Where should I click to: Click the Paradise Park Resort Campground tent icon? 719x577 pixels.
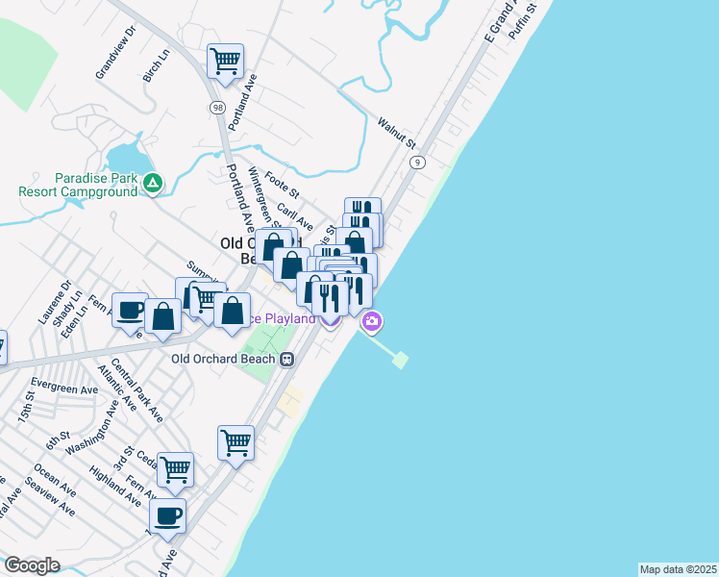pyautogui.click(x=152, y=183)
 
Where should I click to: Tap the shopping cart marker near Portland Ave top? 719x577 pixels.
pyautogui.click(x=225, y=63)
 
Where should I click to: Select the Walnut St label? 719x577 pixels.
pyautogui.click(x=396, y=134)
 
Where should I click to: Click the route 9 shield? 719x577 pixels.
pyautogui.click(x=416, y=163)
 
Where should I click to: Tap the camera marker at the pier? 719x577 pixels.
pyautogui.click(x=372, y=321)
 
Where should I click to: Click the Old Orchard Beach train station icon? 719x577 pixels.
pyautogui.click(x=286, y=359)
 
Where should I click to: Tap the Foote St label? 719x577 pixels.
pyautogui.click(x=283, y=182)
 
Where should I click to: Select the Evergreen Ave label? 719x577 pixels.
pyautogui.click(x=71, y=388)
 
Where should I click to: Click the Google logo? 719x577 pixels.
pyautogui.click(x=32, y=565)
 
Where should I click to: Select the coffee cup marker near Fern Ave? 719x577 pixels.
pyautogui.click(x=130, y=310)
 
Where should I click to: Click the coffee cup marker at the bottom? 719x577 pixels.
pyautogui.click(x=168, y=515)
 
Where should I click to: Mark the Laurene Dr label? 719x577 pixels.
pyautogui.click(x=53, y=300)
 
